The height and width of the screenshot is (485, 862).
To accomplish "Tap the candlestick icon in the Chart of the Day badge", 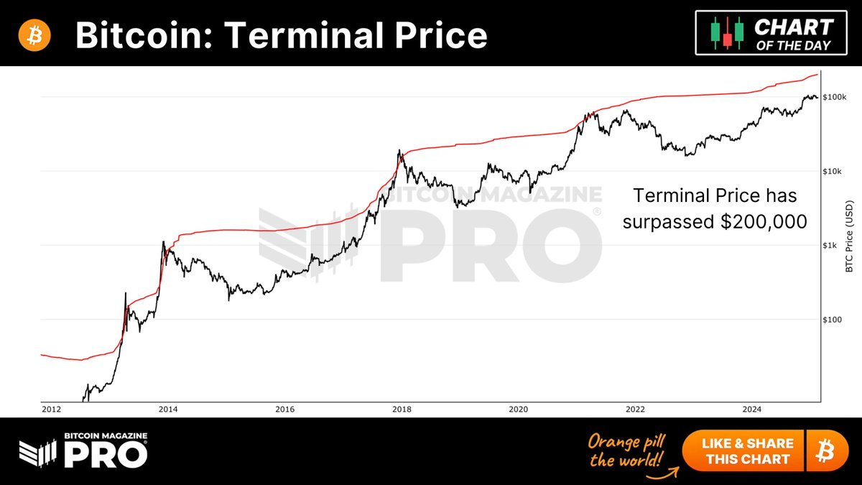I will [724, 34].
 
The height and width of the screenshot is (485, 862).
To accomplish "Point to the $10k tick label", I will [835, 171].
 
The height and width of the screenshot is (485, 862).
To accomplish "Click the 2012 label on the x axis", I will [50, 410].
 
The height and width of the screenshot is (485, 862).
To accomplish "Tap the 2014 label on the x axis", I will [167, 410].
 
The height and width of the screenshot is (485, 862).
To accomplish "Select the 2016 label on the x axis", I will [284, 410].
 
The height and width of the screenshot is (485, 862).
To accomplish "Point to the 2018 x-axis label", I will [401, 410].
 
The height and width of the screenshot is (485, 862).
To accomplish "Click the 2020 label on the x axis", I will [518, 410].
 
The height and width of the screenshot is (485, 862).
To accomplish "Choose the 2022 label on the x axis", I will [635, 410].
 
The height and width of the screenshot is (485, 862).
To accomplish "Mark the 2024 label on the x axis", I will [751, 410].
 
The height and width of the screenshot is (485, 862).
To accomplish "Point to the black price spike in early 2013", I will [126, 295].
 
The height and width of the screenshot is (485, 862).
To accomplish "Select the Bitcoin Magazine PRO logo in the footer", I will [83, 451].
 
